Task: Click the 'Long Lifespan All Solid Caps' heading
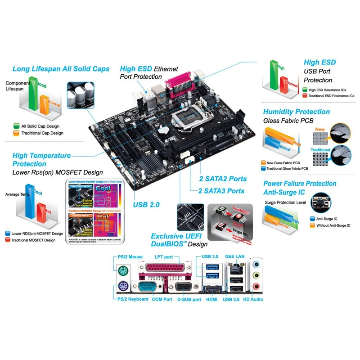[x=61, y=69]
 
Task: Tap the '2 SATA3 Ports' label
[x=222, y=191]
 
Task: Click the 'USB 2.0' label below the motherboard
[x=146, y=205]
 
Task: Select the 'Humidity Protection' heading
[x=296, y=112]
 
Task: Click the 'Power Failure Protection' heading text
[x=300, y=184]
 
